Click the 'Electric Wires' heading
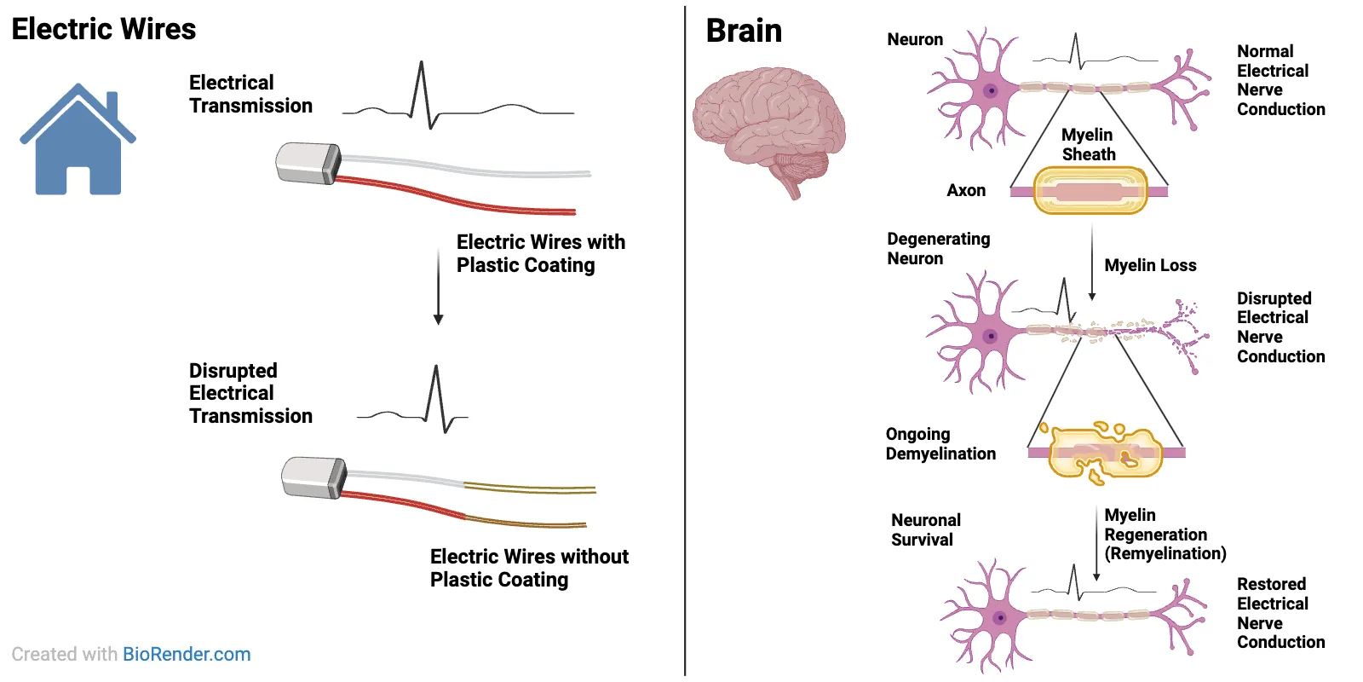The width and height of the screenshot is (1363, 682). [104, 29]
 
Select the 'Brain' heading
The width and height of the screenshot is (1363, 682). [744, 31]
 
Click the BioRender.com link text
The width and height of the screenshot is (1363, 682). [187, 654]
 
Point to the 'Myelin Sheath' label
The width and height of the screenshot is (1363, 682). [1088, 144]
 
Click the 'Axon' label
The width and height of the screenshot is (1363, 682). [966, 190]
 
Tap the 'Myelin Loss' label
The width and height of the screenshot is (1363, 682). [1150, 265]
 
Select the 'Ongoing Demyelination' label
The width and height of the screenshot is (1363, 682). [940, 443]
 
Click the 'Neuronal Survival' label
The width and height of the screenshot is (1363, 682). [925, 529]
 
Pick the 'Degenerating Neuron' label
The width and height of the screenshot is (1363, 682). [938, 248]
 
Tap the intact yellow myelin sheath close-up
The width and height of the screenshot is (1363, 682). [1090, 190]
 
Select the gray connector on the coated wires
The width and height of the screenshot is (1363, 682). [308, 163]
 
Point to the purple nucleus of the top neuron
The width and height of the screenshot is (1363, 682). [991, 90]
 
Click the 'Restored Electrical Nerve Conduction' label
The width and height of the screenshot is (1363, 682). [1280, 613]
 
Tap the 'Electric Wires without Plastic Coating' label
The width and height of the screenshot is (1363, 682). [529, 568]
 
